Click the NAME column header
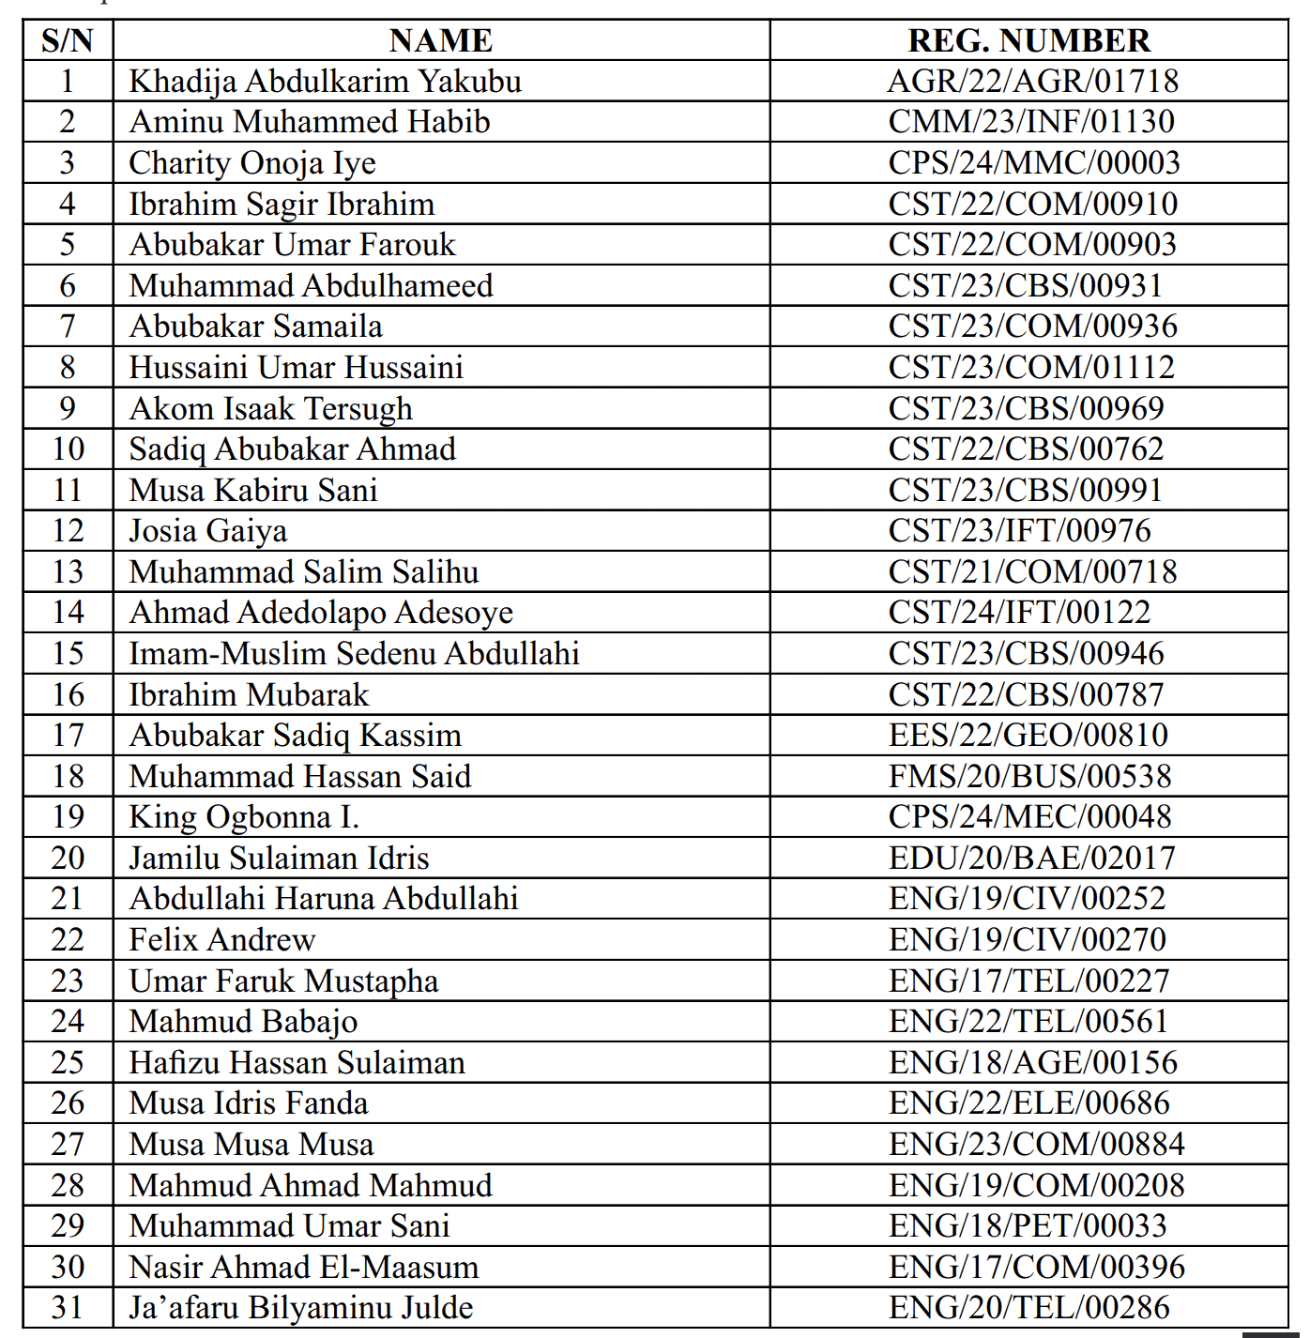[x=440, y=40]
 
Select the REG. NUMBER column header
[x=1028, y=40]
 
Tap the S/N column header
[x=68, y=40]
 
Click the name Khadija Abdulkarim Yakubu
[x=325, y=82]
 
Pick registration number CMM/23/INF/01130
[x=1031, y=122]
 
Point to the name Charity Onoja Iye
[x=252, y=163]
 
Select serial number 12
[x=68, y=531]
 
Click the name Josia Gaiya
[x=208, y=531]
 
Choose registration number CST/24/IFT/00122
[x=1019, y=613]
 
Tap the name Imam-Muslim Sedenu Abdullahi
[x=354, y=654]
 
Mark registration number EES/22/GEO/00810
[x=1028, y=736]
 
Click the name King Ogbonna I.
[x=244, y=817]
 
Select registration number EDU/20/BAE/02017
[x=1031, y=859]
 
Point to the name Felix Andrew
[x=222, y=940]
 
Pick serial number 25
[x=68, y=1063]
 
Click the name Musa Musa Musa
[x=251, y=1145]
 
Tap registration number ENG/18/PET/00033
[x=1028, y=1226]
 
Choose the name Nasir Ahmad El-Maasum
[x=304, y=1268]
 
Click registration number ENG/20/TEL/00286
[x=1029, y=1308]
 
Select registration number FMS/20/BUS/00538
[x=1029, y=777]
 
